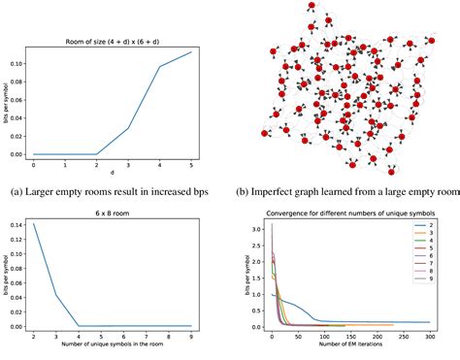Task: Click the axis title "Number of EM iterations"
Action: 350,347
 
